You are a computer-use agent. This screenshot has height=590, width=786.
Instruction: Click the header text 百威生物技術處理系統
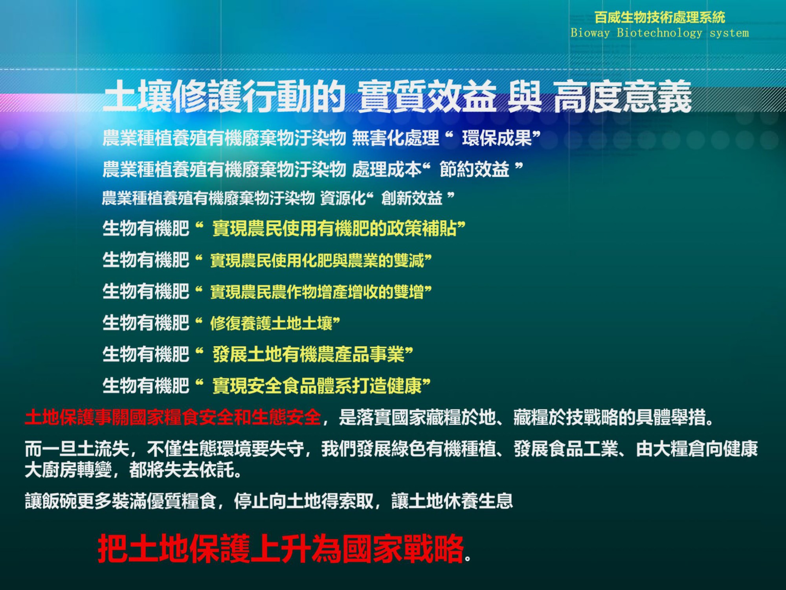pyautogui.click(x=660, y=17)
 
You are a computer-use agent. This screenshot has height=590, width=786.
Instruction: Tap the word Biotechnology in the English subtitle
pyautogui.click(x=659, y=33)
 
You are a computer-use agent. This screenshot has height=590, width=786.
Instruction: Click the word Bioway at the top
pyautogui.click(x=590, y=33)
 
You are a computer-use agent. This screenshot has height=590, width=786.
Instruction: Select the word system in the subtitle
pyautogui.click(x=729, y=33)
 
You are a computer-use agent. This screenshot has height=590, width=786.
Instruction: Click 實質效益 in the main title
pyautogui.click(x=427, y=96)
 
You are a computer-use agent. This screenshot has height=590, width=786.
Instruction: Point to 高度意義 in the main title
pyautogui.click(x=623, y=96)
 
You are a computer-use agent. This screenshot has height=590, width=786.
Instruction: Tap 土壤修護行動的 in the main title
pyautogui.click(x=224, y=96)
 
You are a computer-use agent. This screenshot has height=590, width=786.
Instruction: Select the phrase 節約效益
pyautogui.click(x=474, y=169)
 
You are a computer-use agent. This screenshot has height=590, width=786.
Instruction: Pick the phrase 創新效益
pyautogui.click(x=412, y=198)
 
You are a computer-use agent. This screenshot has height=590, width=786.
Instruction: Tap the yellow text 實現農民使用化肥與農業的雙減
pyautogui.click(x=317, y=260)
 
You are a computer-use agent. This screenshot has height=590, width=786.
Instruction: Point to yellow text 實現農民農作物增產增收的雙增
pyautogui.click(x=317, y=291)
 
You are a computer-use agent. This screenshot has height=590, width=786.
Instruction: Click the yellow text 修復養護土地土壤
pyautogui.click(x=271, y=323)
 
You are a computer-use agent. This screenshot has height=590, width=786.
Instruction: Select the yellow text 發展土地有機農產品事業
pyautogui.click(x=309, y=354)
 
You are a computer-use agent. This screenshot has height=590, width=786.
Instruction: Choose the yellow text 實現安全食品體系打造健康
pyautogui.click(x=317, y=385)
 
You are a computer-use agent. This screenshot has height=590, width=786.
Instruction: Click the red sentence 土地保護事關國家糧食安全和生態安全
pyautogui.click(x=173, y=417)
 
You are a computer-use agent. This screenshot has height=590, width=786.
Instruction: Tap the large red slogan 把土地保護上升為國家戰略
pyautogui.click(x=281, y=548)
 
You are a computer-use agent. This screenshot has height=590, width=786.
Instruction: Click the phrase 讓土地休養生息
pyautogui.click(x=452, y=501)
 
